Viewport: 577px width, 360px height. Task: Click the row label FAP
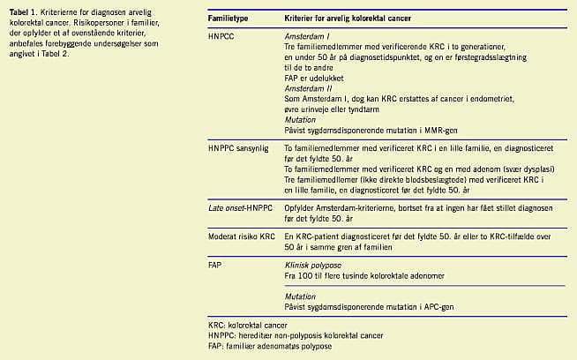tap(214, 263)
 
